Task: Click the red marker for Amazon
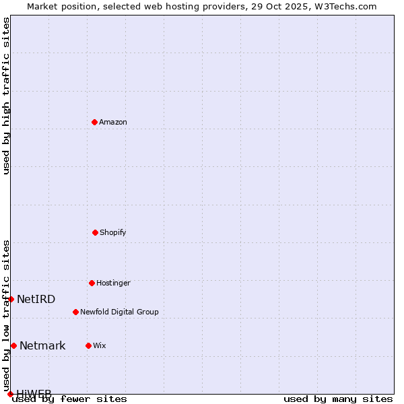click(x=94, y=122)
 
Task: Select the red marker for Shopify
click(x=95, y=232)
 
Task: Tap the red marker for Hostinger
click(x=92, y=283)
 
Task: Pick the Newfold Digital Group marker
click(x=75, y=312)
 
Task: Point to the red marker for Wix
click(x=88, y=345)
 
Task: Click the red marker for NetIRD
click(x=11, y=299)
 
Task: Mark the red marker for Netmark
click(x=13, y=345)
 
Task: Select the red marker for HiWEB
click(x=10, y=394)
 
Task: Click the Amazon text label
click(x=113, y=122)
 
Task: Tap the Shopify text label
click(x=113, y=232)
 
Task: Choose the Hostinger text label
click(x=113, y=283)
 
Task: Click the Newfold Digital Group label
click(x=119, y=312)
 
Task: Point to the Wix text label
click(x=100, y=345)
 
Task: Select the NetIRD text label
click(x=36, y=299)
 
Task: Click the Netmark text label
click(x=42, y=345)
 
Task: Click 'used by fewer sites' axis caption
click(x=70, y=399)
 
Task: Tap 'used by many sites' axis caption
click(x=338, y=399)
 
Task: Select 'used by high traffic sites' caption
click(x=6, y=96)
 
